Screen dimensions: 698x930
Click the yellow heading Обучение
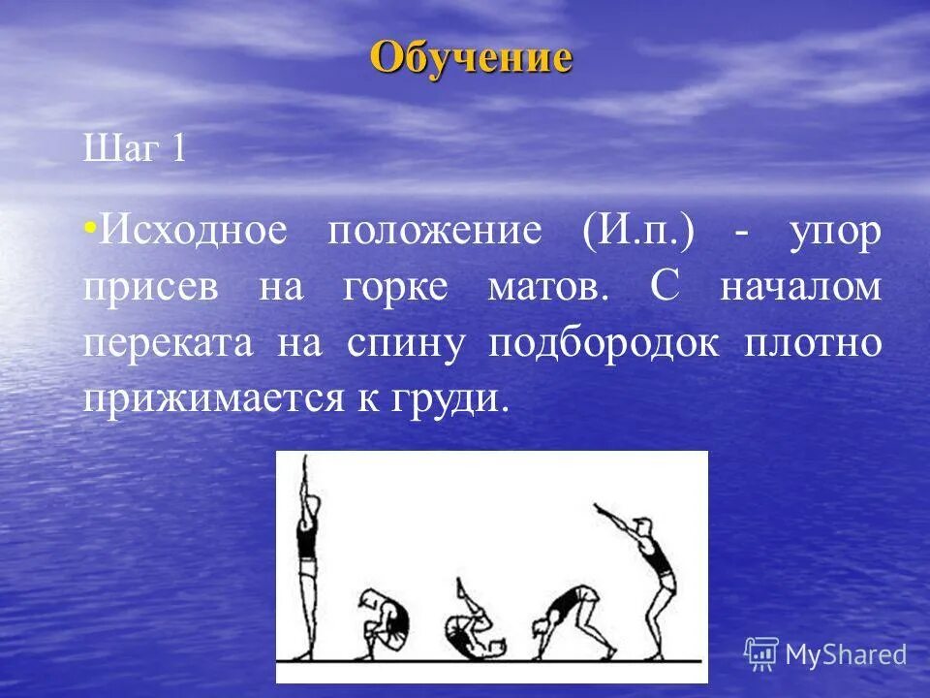pos(471,57)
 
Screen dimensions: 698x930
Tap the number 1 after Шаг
pos(177,150)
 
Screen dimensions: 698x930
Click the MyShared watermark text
pos(845,654)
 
